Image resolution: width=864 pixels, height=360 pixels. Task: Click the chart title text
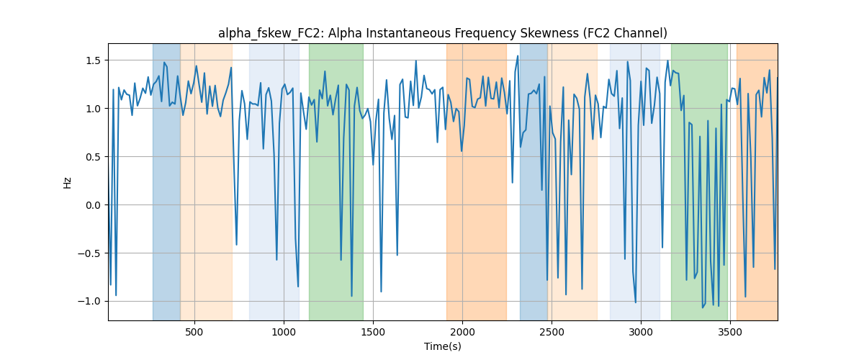click(x=442, y=33)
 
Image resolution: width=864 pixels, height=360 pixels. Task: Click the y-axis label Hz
click(x=67, y=182)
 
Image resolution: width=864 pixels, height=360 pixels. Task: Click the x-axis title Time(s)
click(x=442, y=346)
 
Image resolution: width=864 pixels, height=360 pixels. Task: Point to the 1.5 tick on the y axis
click(x=93, y=60)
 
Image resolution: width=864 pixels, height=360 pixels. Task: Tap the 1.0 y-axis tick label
click(x=93, y=109)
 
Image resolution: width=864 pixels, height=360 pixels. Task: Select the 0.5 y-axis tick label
click(x=93, y=157)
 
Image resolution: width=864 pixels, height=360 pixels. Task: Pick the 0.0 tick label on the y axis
click(x=93, y=205)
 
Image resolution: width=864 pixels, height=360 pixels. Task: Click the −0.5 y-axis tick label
click(x=89, y=253)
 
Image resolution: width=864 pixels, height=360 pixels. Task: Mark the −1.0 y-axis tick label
click(x=89, y=302)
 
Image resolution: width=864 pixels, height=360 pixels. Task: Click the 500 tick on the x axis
click(x=194, y=332)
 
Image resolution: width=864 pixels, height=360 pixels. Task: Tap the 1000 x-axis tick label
click(x=284, y=332)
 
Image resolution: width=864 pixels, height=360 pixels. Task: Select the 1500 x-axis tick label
click(x=373, y=332)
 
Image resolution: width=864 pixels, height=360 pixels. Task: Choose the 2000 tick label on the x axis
click(x=462, y=332)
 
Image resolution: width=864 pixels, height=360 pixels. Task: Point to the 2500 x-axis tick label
click(x=552, y=332)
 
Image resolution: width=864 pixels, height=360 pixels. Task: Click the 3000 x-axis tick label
click(x=641, y=332)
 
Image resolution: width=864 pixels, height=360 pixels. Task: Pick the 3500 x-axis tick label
click(x=730, y=332)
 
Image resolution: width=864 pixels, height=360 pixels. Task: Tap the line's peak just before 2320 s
click(x=518, y=56)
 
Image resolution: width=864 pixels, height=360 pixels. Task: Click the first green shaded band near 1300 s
click(x=336, y=181)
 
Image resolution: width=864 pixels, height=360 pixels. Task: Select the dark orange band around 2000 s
click(x=477, y=181)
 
